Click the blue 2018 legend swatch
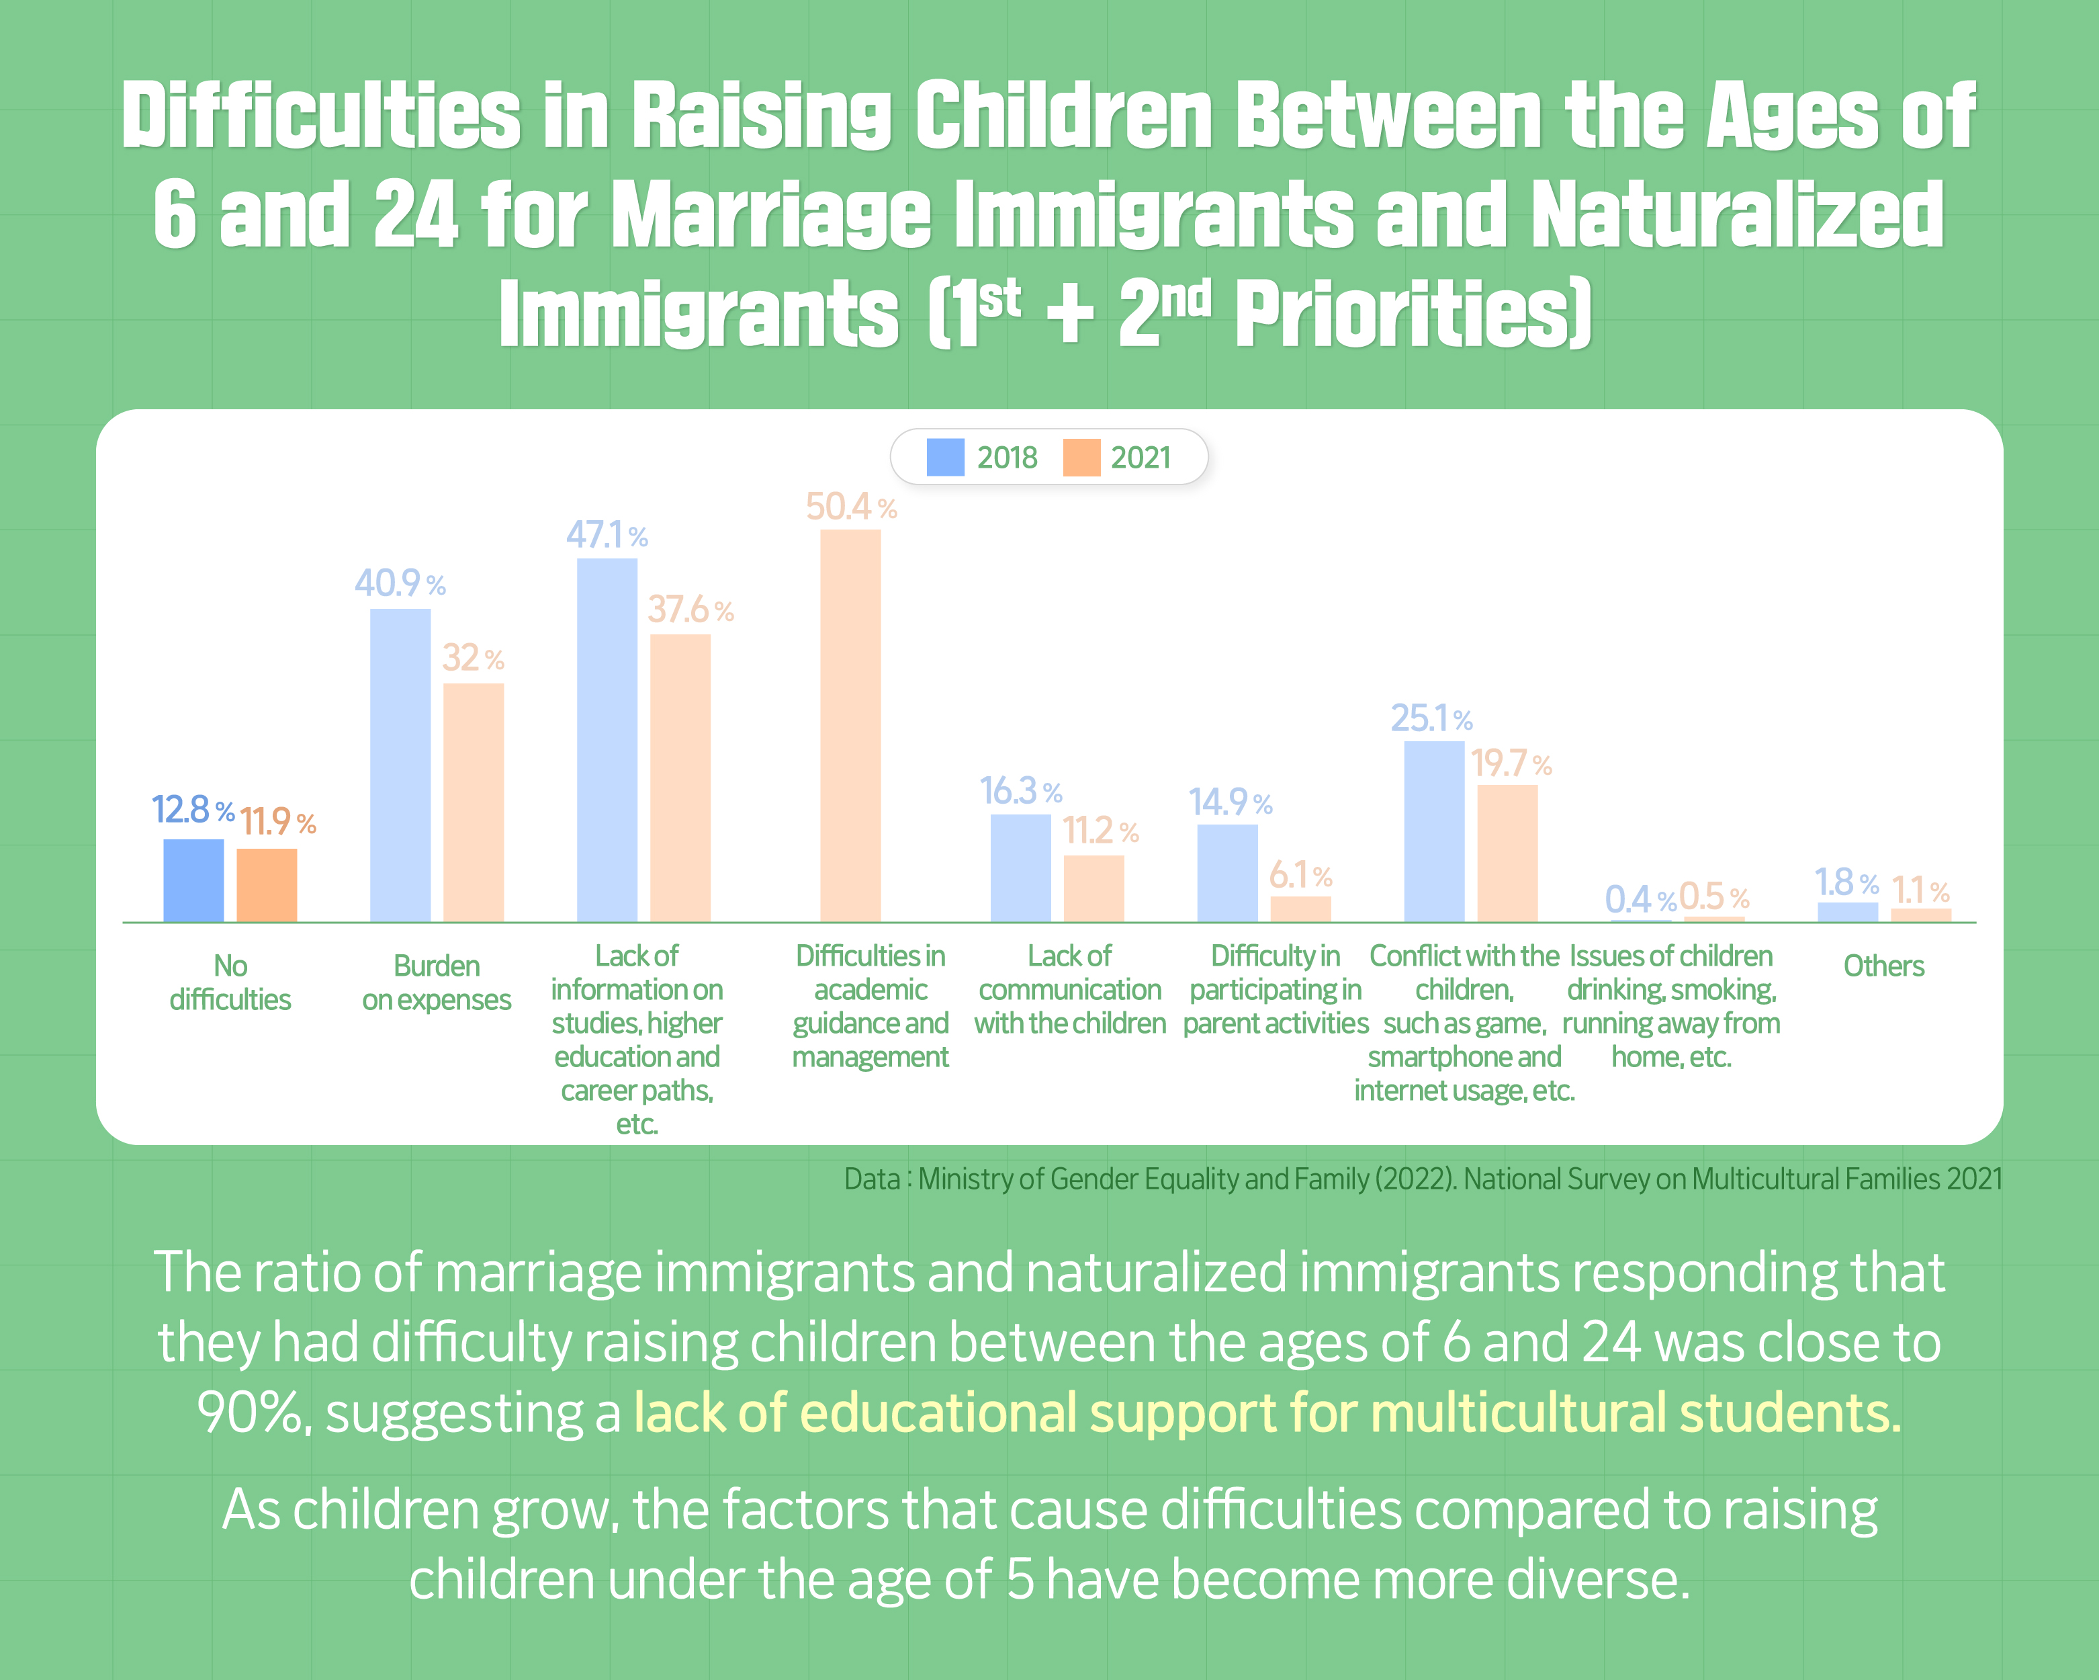tap(944, 457)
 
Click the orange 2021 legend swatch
tap(1081, 457)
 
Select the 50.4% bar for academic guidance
tap(850, 726)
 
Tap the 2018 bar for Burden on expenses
tap(400, 765)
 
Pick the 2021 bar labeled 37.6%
tap(680, 778)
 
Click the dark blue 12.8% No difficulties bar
tap(193, 880)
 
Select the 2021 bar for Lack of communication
tap(1093, 888)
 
